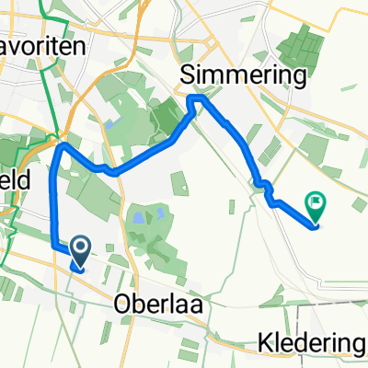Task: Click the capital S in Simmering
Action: tap(190, 75)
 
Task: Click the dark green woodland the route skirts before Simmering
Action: tap(168, 117)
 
